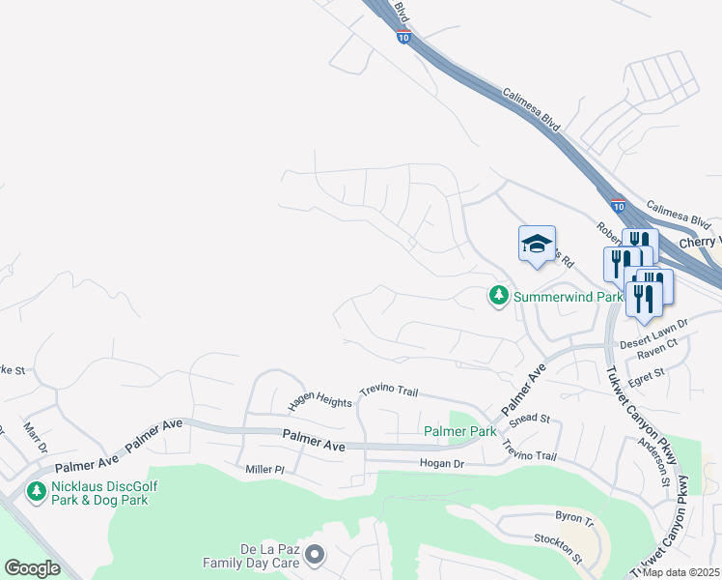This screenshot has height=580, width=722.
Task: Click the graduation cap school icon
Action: (x=537, y=244)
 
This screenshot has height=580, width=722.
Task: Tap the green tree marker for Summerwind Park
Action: (x=498, y=296)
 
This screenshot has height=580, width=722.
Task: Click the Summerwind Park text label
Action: (x=568, y=297)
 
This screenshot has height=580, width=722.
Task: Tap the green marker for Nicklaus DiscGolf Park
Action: (x=37, y=492)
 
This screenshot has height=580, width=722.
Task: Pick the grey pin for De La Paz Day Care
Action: (x=315, y=554)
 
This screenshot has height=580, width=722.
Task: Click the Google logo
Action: (x=32, y=567)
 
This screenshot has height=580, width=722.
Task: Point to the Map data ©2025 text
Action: (x=680, y=572)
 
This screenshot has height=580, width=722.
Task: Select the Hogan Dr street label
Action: (x=442, y=464)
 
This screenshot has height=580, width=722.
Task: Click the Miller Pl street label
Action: (x=265, y=469)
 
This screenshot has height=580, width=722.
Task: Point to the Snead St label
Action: (x=529, y=419)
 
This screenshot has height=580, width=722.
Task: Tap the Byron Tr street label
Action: (x=574, y=518)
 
